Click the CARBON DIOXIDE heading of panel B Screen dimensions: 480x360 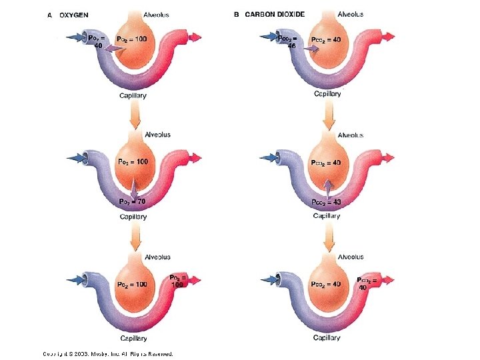275,15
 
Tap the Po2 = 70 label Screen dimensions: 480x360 132,201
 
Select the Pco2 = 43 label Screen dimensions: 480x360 327,201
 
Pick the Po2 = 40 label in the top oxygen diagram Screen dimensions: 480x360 95,42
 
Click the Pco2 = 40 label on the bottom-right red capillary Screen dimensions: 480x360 367,283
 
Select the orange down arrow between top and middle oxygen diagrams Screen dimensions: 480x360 135,117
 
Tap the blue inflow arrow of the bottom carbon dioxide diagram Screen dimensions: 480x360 270,277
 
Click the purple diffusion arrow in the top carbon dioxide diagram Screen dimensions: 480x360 310,49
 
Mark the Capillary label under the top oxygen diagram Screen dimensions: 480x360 133,95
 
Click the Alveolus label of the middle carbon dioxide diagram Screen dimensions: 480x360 350,135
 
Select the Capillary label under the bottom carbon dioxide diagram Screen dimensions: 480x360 327,337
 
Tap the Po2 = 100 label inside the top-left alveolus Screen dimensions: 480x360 131,39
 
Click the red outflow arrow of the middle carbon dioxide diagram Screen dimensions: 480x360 387,159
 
